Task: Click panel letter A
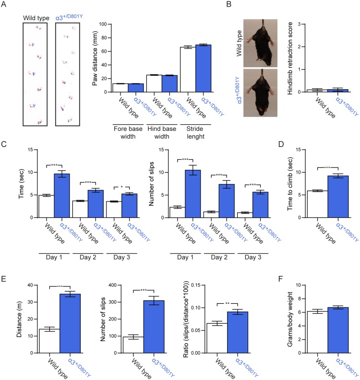(x=4, y=5)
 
